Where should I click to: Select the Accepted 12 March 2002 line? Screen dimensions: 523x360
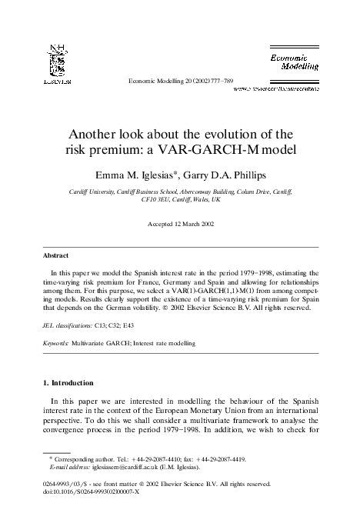[x=179, y=224]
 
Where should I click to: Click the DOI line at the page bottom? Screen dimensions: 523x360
[x=91, y=492]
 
